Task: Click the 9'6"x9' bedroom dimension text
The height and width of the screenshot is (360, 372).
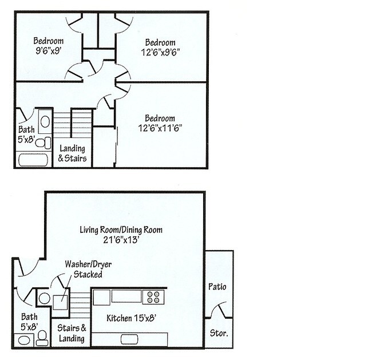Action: pos(48,50)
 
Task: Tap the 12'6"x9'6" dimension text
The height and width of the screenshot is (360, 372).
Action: pos(160,52)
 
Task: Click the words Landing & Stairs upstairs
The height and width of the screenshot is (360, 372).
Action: pos(73,153)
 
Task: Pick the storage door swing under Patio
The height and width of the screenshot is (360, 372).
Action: pos(219,311)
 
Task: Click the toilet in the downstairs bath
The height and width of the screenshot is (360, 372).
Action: pos(42,338)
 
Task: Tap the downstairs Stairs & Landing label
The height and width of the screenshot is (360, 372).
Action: pos(72,333)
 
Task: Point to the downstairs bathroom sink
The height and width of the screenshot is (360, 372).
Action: pos(25,339)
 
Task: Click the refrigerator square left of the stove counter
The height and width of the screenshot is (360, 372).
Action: pos(101,297)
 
